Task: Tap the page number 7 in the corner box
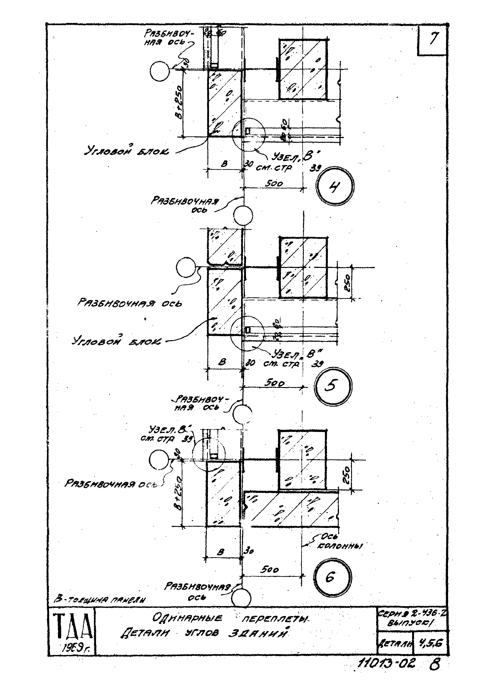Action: (433, 39)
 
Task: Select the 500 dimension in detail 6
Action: (270, 570)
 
